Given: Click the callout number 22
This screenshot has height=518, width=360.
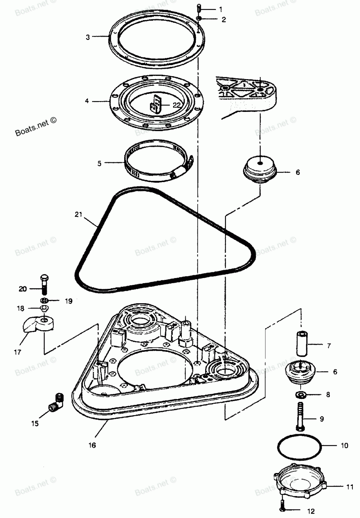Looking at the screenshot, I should (x=176, y=105).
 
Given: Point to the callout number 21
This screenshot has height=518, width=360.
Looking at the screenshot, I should (x=78, y=215).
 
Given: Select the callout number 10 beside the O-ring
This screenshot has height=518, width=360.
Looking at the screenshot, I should (x=344, y=446).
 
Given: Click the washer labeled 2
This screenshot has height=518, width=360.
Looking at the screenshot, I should (x=199, y=18).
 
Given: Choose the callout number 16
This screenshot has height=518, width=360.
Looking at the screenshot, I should (x=92, y=445).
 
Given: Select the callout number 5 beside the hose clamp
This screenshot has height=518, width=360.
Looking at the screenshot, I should (x=100, y=163).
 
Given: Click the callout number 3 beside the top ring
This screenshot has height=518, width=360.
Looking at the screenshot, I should (x=87, y=37).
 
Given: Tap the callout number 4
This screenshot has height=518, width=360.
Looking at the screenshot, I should (x=87, y=101).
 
